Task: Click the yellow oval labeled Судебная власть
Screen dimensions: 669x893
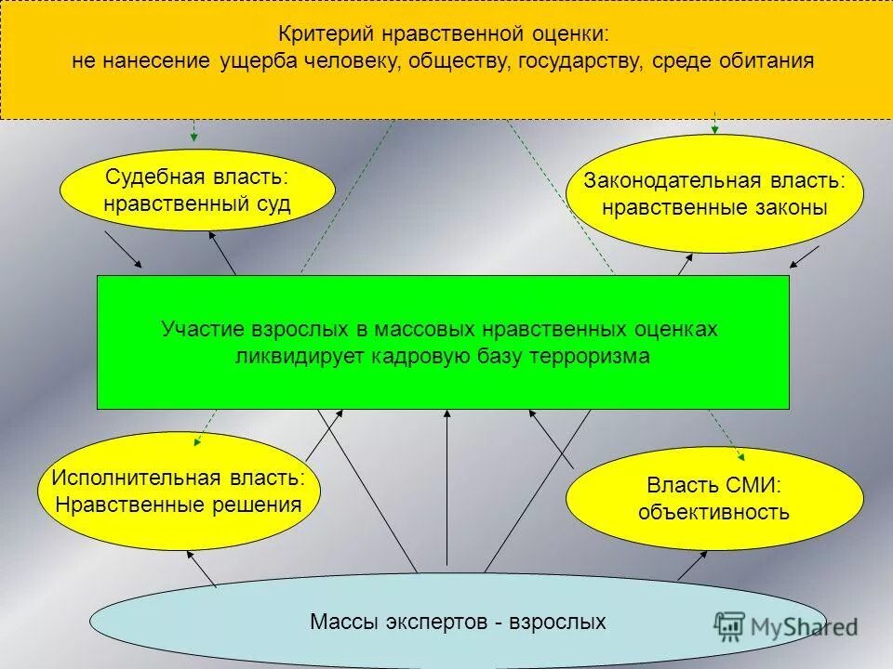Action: (x=196, y=190)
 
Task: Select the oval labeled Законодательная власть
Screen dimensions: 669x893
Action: (x=714, y=193)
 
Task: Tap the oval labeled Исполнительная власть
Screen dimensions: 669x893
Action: (x=178, y=492)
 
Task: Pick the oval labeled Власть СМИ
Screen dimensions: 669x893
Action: (x=714, y=498)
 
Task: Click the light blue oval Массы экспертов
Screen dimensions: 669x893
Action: (x=457, y=622)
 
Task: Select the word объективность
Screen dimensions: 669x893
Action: (x=713, y=512)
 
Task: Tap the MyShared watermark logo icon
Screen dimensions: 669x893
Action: (x=730, y=624)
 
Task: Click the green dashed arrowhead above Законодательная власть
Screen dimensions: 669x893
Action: (x=714, y=129)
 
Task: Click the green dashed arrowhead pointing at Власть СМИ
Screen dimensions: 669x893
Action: (x=740, y=456)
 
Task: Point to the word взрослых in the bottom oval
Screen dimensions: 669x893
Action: (x=557, y=622)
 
